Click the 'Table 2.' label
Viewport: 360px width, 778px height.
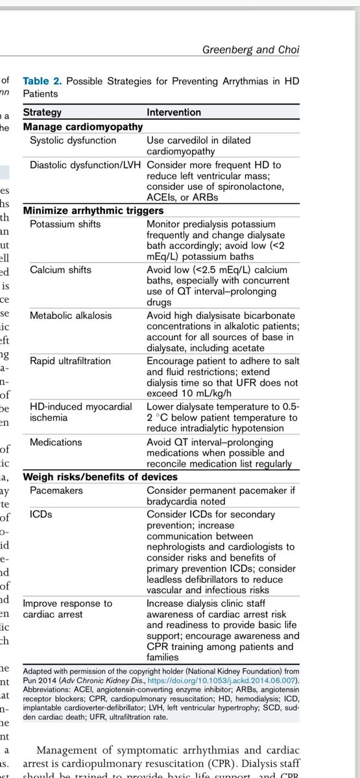tap(43, 81)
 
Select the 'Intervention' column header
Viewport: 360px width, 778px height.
tap(174, 112)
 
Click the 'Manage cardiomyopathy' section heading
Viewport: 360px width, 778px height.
tap(82, 127)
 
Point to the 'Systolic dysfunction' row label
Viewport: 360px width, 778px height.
tap(73, 140)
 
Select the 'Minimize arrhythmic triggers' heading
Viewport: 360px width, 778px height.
tap(93, 211)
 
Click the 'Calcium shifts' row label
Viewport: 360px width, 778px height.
tap(61, 270)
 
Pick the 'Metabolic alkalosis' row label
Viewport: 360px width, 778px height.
tap(71, 315)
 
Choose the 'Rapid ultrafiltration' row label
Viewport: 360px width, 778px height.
tap(70, 361)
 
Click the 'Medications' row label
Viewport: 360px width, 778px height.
tap(56, 442)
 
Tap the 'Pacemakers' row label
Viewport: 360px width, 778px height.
tap(57, 491)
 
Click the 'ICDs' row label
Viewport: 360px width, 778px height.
tap(41, 514)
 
